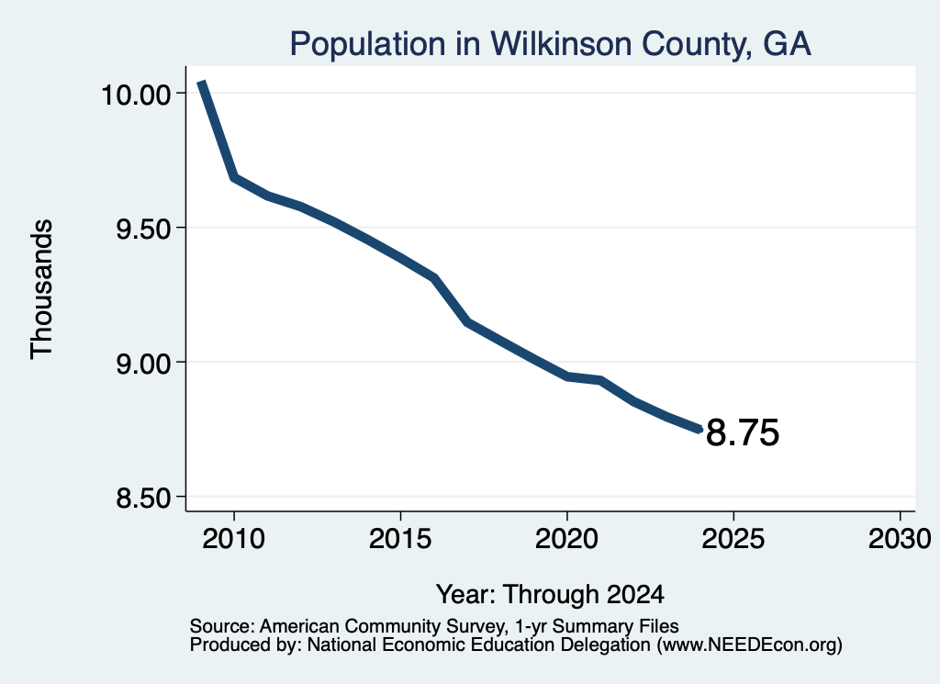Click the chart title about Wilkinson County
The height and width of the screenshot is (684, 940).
click(x=551, y=44)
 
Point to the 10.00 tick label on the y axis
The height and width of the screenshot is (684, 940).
click(x=137, y=95)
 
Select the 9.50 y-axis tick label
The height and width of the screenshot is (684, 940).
click(x=144, y=229)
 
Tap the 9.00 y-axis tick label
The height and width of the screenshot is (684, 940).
click(x=144, y=364)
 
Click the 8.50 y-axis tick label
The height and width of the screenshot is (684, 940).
click(x=144, y=498)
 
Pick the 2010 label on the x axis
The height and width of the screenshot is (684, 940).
click(x=234, y=538)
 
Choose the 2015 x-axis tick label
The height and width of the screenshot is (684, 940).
click(x=400, y=538)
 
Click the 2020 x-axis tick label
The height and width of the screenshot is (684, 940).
click(x=566, y=538)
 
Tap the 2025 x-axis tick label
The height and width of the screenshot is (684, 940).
click(x=733, y=538)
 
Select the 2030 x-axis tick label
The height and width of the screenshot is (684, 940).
click(x=900, y=538)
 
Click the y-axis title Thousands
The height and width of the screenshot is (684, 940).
click(x=41, y=289)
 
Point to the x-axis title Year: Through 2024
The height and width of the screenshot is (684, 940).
click(x=551, y=594)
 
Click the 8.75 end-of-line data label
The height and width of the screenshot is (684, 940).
click(x=743, y=432)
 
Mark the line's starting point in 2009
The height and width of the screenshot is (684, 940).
click(x=202, y=82)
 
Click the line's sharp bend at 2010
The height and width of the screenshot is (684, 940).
click(x=234, y=177)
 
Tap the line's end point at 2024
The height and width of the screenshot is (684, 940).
click(x=699, y=430)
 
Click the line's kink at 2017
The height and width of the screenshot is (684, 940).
click(x=467, y=322)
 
